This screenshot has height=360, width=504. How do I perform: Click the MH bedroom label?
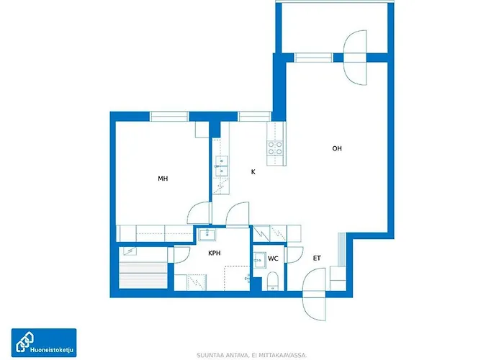click(163, 179)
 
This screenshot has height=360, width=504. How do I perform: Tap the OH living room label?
click(337, 148)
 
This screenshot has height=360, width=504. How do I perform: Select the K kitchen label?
click(253, 172)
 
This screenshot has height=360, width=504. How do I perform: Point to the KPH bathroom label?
click(215, 253)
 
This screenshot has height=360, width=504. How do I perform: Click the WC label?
click(273, 258)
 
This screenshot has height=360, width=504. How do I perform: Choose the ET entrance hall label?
click(317, 258)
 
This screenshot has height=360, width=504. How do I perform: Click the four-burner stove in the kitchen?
click(276, 148)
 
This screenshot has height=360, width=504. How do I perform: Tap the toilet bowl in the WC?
click(273, 282)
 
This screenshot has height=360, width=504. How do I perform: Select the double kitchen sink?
click(222, 166)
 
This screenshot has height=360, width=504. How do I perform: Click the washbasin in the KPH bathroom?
click(207, 234)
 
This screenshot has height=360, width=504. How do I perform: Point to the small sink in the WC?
click(259, 260)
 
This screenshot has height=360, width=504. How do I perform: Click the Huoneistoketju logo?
click(44, 343)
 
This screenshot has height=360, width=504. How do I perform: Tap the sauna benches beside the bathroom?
click(143, 276)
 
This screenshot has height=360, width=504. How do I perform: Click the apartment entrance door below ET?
click(315, 294)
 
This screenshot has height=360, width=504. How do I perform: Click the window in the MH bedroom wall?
click(169, 117)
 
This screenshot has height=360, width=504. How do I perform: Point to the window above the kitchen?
click(255, 117)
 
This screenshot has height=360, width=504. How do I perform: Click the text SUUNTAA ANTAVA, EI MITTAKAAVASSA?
click(252, 355)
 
